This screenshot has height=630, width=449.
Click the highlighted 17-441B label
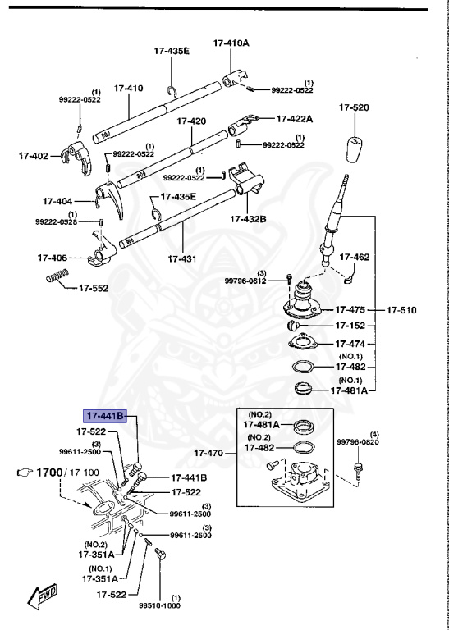(x=103, y=417)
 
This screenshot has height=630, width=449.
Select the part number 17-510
(x=402, y=310)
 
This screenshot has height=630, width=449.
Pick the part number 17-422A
(x=295, y=118)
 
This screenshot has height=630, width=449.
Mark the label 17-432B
(x=247, y=220)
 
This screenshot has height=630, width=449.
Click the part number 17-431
(x=182, y=258)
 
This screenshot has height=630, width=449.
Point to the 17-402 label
(x=34, y=154)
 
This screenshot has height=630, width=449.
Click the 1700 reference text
(x=48, y=472)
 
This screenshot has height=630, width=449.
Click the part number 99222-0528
(x=56, y=221)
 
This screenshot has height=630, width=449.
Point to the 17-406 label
(x=52, y=258)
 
